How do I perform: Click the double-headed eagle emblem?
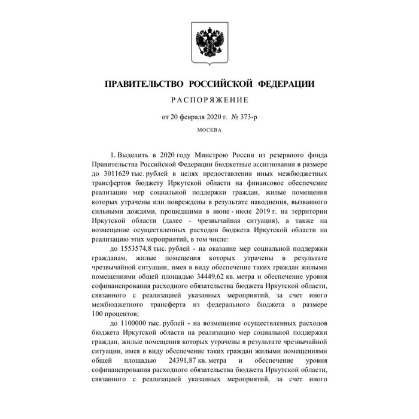[209, 42]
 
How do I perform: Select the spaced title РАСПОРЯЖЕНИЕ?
[209, 100]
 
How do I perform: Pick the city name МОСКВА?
[209, 130]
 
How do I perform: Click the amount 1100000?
[136, 323]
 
